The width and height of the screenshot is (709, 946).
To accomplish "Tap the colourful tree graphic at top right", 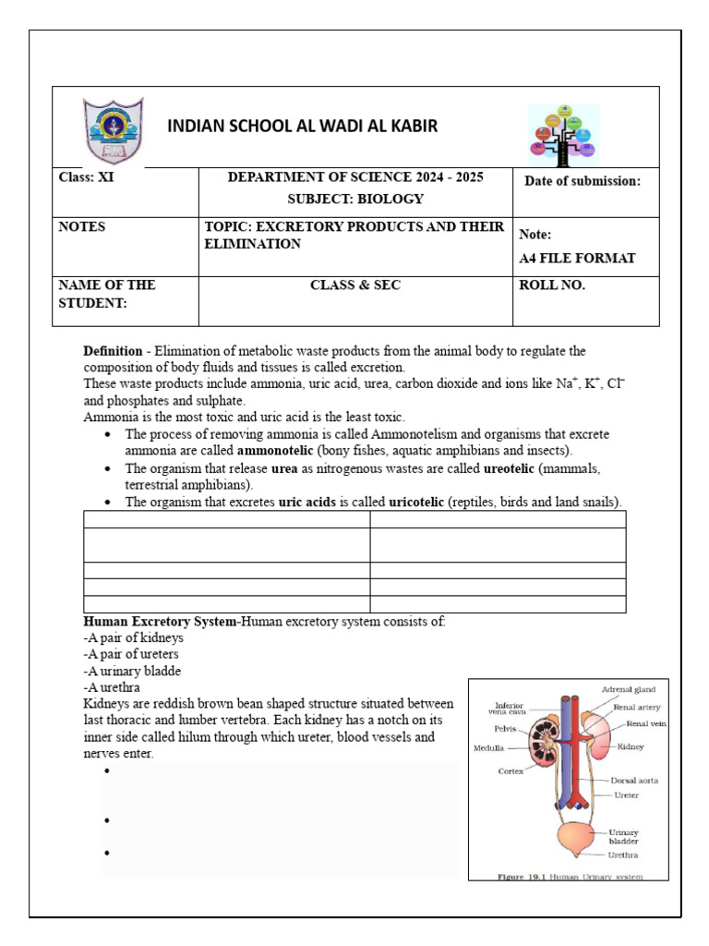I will click(562, 130).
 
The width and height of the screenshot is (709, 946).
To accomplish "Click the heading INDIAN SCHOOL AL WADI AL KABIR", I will click(302, 127).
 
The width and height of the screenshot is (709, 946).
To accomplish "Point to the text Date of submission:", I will click(582, 181).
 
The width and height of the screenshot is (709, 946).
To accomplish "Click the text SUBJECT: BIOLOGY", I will click(355, 199).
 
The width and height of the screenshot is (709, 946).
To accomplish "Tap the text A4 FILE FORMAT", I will click(577, 258).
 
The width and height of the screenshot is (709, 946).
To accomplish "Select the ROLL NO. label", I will click(553, 285).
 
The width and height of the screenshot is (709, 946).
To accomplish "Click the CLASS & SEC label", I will click(355, 285).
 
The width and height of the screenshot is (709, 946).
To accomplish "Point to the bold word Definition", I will click(113, 351).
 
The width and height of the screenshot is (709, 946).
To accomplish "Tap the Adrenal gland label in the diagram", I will click(628, 689).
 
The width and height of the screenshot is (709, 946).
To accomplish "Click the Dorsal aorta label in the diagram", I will click(634, 780).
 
